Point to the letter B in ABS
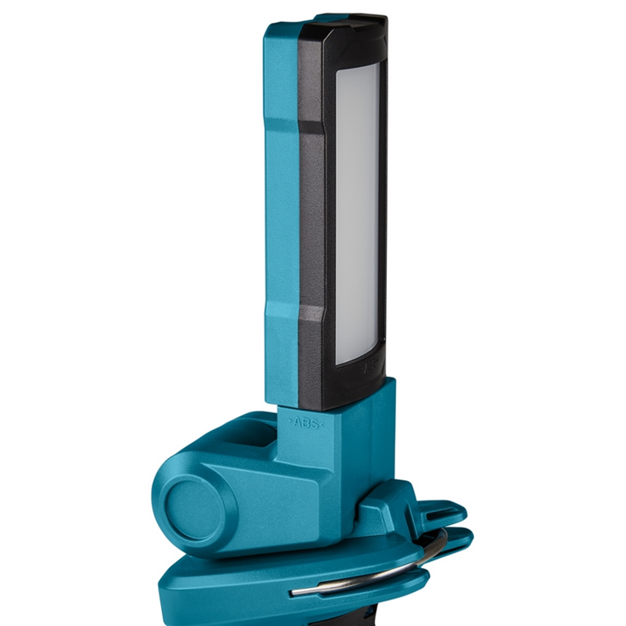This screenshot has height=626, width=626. [305, 422]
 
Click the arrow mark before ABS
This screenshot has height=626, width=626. [290, 422]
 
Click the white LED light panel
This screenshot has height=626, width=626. [358, 212]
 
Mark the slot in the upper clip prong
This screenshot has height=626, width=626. [433, 509]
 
